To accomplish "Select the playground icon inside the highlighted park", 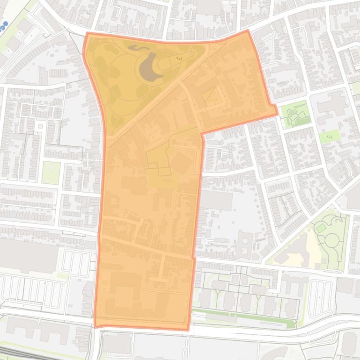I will tap(179, 58).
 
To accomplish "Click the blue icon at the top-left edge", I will tap(5, 25).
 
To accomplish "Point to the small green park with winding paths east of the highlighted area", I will tap(296, 114).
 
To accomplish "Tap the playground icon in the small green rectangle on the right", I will tap(330, 136).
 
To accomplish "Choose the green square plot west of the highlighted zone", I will tap(51, 173).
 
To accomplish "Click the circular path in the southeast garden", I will tap(332, 240).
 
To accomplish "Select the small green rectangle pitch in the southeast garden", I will tap(321, 228).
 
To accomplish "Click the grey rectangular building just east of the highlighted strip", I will tap(216, 200).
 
